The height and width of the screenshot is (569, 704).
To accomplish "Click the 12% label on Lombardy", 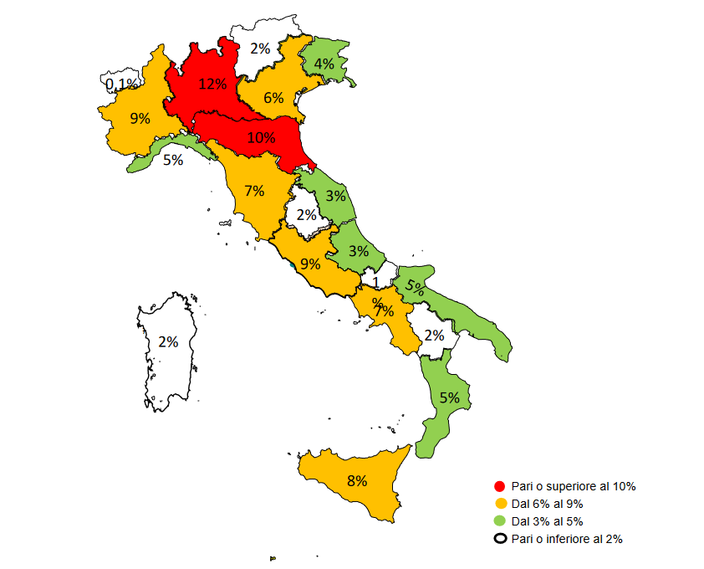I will tap(212, 84).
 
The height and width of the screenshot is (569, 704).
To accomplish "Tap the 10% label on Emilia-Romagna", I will tap(260, 137).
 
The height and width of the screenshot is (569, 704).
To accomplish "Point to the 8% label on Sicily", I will tap(357, 481).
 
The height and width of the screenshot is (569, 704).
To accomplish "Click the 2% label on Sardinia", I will tap(168, 341).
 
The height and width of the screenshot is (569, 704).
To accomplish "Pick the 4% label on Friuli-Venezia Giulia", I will tap(324, 64).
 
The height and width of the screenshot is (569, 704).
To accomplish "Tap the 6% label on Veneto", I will tap(273, 98).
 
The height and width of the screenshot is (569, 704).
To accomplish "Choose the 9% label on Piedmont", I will tap(140, 119).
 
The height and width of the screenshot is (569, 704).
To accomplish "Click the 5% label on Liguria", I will tap(173, 160).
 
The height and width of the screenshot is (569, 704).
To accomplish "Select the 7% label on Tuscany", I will tap(254, 191).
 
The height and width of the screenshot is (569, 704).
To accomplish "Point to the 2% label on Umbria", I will tap(307, 215).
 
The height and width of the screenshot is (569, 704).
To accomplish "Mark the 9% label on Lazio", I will tap(310, 264).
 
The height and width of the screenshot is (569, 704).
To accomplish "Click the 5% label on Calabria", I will tap(450, 397).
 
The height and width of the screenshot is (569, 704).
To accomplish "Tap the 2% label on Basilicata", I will tap(434, 336).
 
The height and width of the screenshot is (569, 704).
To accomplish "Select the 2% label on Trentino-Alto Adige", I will tap(260, 49).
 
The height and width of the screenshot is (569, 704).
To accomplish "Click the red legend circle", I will tap(500, 486).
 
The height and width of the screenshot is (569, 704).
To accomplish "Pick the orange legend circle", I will tap(500, 504).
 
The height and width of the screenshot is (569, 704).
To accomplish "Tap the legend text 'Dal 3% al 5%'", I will tap(546, 521).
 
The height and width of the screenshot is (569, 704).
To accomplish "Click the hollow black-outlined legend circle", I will tap(500, 539).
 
